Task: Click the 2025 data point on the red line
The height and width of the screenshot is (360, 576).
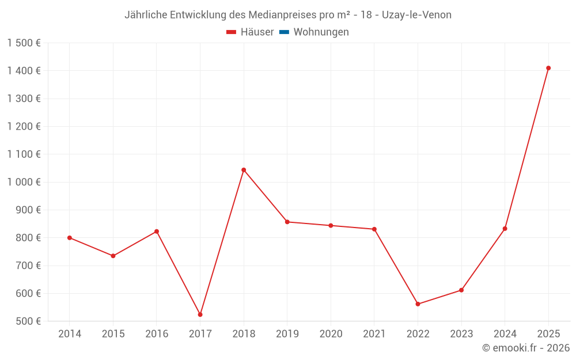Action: pyautogui.click(x=548, y=68)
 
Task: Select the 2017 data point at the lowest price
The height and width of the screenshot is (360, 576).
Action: pyautogui.click(x=200, y=314)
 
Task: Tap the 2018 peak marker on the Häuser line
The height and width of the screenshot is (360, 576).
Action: pyautogui.click(x=244, y=170)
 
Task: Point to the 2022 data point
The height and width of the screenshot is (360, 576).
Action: pyautogui.click(x=418, y=304)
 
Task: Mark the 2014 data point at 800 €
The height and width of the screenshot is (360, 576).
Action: pyautogui.click(x=70, y=238)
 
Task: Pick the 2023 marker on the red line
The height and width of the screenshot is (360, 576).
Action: pyautogui.click(x=461, y=290)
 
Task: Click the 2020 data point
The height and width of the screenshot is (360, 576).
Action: pyautogui.click(x=331, y=226)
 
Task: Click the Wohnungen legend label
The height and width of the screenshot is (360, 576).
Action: pyautogui.click(x=321, y=32)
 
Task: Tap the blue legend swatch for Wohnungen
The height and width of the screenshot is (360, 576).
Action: pyautogui.click(x=283, y=32)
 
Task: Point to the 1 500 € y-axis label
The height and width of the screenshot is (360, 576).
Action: pyautogui.click(x=24, y=43)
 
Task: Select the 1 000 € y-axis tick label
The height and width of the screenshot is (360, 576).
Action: pyautogui.click(x=24, y=182)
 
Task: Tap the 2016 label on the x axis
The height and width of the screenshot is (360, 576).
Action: pyautogui.click(x=157, y=334)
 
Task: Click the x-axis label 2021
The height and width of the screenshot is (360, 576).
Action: pyautogui.click(x=374, y=334)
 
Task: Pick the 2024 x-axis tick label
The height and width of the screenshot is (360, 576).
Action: pyautogui.click(x=505, y=334)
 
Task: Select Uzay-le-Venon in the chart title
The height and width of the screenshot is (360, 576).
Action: pyautogui.click(x=417, y=15)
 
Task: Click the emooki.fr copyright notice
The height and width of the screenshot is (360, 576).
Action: pyautogui.click(x=526, y=348)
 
